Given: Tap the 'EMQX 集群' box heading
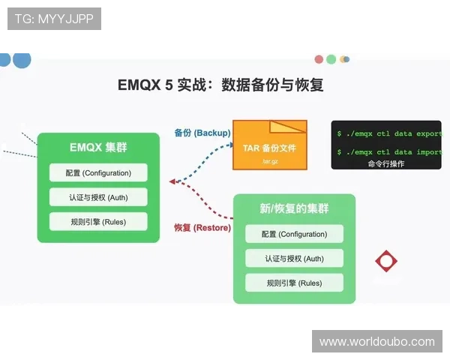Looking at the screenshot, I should click(98, 147).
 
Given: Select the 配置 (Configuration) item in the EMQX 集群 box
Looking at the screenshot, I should click(98, 172).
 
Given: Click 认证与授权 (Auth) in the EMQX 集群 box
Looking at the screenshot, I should click(98, 197).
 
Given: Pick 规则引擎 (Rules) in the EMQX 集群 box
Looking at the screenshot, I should click(98, 221).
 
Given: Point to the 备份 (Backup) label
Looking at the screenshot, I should click(202, 133).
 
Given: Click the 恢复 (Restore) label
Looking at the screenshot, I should click(202, 227).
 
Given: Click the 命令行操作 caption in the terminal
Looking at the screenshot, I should click(386, 163).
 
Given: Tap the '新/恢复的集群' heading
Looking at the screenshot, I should click(294, 208).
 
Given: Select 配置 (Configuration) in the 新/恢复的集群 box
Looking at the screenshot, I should click(294, 234).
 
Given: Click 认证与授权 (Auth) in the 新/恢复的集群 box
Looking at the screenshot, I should click(294, 259).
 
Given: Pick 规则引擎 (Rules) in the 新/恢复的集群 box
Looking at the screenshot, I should click(294, 283).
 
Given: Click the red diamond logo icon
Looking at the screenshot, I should click(386, 261).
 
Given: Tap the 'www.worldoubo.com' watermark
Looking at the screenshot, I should click(376, 342).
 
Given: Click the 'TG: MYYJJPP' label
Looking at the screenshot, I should click(54, 19).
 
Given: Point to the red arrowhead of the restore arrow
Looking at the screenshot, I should click(173, 181).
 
